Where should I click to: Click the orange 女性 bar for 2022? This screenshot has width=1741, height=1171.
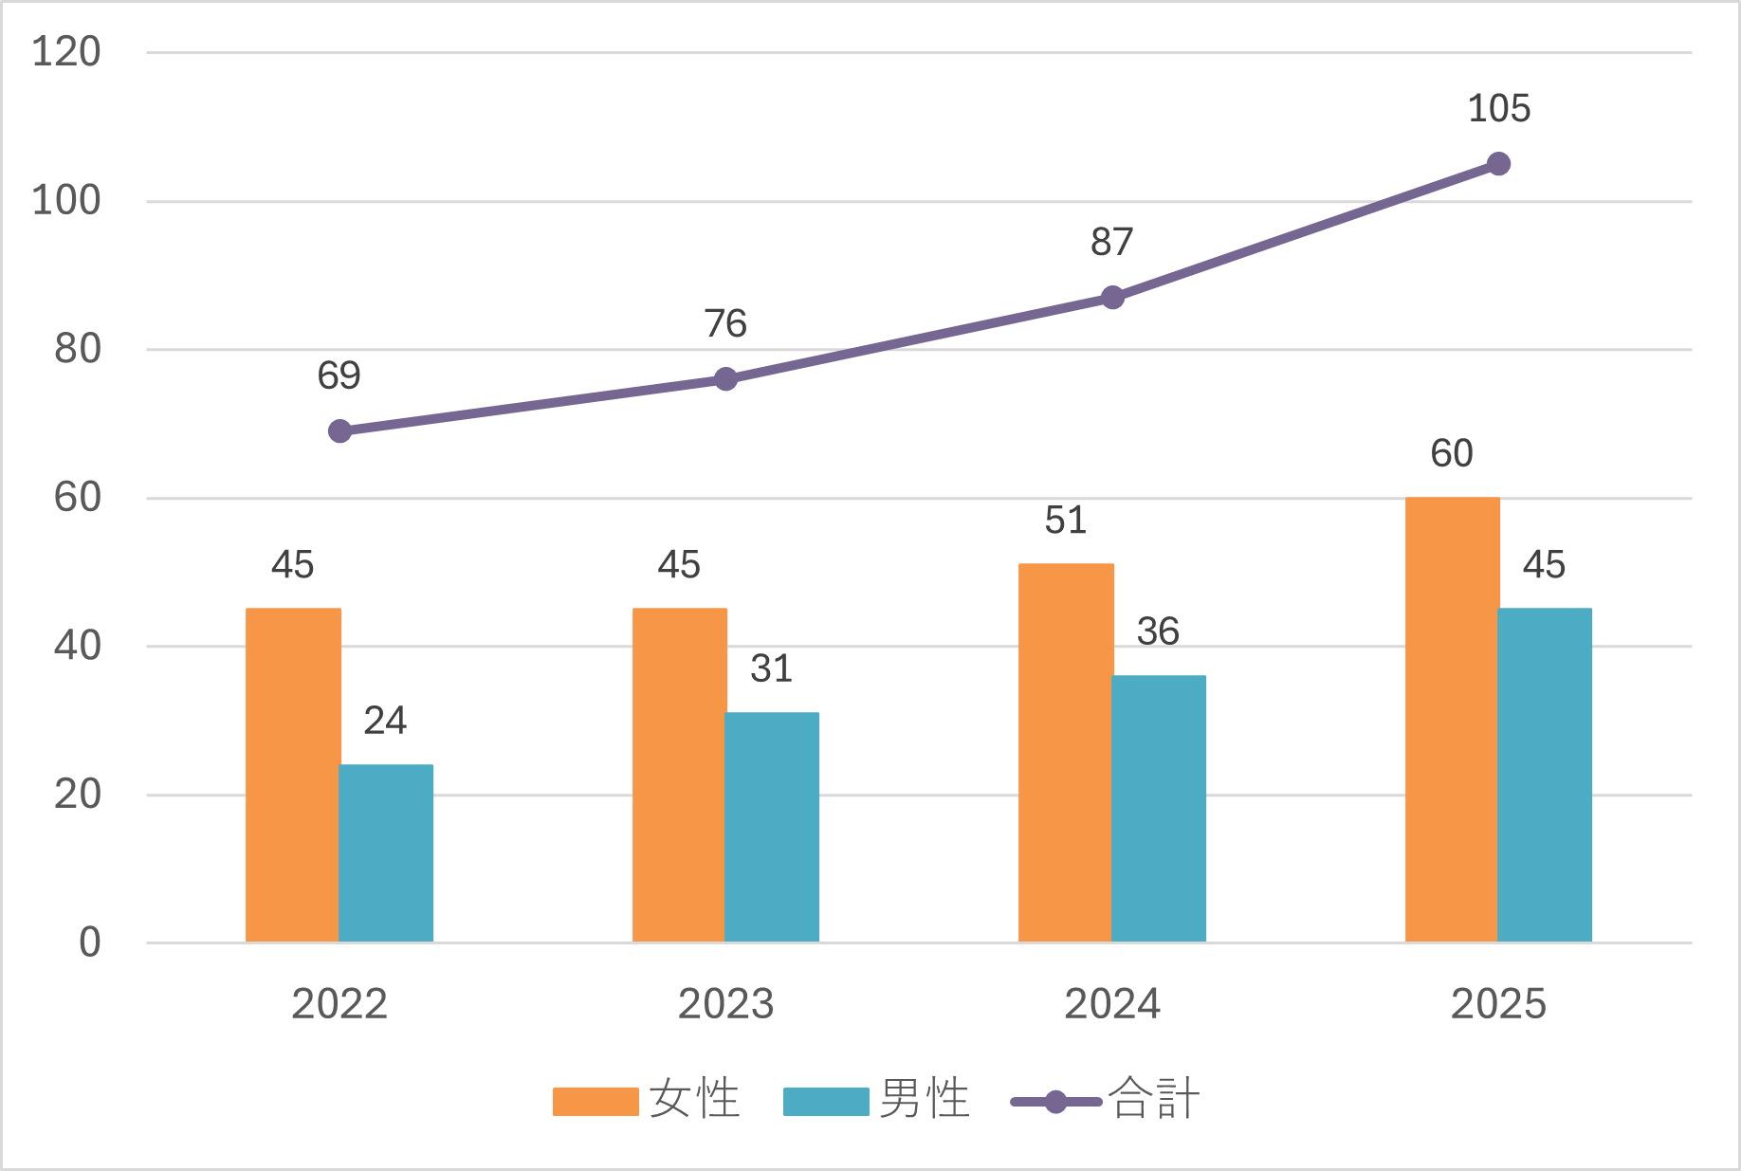point(292,775)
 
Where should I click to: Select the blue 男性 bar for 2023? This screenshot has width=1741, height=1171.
point(771,827)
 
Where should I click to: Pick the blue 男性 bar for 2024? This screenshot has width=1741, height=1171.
point(1158,808)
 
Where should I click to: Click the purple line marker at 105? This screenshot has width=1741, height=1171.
point(1498,164)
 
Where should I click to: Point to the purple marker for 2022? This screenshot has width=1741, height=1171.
point(339,431)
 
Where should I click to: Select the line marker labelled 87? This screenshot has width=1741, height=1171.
point(1112,298)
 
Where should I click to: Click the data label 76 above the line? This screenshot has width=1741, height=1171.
point(725,324)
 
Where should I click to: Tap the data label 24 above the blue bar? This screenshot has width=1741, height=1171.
point(385,721)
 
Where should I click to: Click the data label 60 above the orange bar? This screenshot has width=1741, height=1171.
point(1452,453)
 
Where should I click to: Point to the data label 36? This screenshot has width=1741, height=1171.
point(1158,631)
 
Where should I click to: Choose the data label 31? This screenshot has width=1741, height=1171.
point(771,668)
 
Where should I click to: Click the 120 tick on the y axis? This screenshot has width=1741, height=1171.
point(66,52)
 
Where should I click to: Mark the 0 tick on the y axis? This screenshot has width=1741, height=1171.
point(89,942)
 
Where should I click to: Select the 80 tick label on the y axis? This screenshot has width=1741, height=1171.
point(78,349)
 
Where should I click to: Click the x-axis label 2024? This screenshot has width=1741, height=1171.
point(1112,1004)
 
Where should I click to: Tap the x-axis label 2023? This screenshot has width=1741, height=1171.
point(725,1004)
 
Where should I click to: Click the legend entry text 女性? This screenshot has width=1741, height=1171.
point(694,1100)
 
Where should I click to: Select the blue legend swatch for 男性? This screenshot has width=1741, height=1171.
point(826,1102)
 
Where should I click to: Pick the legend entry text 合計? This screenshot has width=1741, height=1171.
point(1154,1100)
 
